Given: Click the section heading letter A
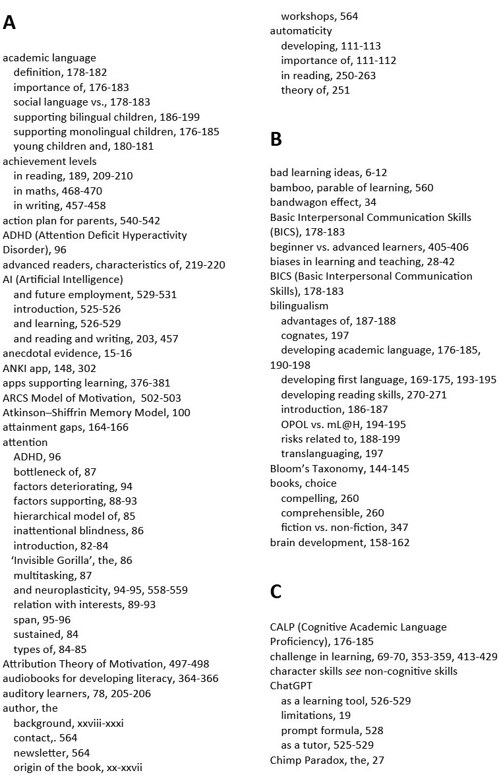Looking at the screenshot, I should (9, 24).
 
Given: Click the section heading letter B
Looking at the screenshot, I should (276, 139).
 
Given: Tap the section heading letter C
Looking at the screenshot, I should (276, 592).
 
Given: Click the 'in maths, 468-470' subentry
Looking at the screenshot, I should (59, 191).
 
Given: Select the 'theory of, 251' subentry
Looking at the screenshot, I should (315, 90).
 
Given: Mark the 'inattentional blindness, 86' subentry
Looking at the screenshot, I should (78, 530).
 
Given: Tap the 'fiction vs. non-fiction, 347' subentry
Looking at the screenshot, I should (344, 528).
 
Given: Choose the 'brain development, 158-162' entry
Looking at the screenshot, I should (339, 543).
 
